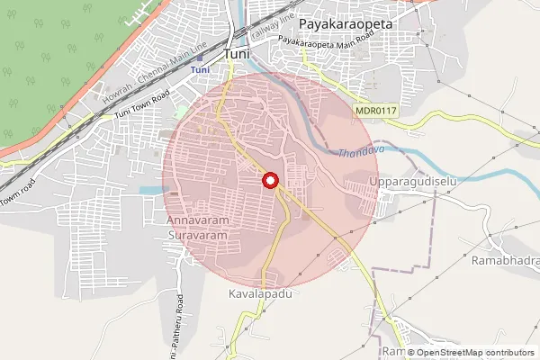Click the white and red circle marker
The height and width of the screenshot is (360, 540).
click(x=270, y=181)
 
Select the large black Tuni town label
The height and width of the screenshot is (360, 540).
click(x=238, y=53)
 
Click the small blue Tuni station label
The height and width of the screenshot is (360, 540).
click(x=202, y=69)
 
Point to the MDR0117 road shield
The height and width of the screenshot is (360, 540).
click(x=375, y=110)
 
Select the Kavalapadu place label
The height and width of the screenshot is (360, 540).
click(x=262, y=294)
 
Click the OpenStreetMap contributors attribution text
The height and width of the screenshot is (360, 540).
click(x=473, y=353)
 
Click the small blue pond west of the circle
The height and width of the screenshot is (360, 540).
click(x=152, y=191)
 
